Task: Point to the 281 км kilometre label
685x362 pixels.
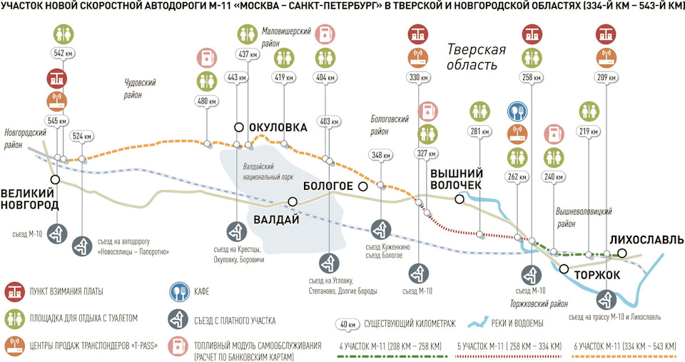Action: pyautogui.click(x=479, y=131)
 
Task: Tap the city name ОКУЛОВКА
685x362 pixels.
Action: pyautogui.click(x=278, y=127)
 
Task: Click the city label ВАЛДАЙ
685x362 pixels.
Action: pyautogui.click(x=276, y=219)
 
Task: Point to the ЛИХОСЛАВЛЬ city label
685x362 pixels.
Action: pyautogui.click(x=647, y=240)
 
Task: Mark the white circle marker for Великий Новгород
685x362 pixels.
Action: pyautogui.click(x=54, y=179)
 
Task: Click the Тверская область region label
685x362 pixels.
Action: pyautogui.click(x=476, y=57)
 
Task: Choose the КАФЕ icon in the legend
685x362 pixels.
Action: pyautogui.click(x=178, y=291)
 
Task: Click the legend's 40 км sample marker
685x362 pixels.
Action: pyautogui.click(x=347, y=324)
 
